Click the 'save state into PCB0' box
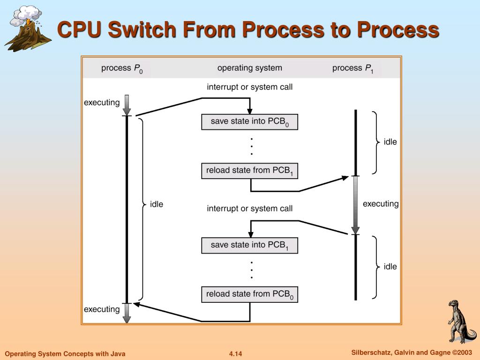pos(249,121)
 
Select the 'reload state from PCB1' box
pos(249,171)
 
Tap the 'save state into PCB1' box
pos(249,245)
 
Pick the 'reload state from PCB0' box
pos(249,294)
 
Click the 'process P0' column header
pos(122,68)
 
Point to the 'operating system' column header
pos(249,68)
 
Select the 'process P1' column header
pos(352,68)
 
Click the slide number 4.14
pos(235,353)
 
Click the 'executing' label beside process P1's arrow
pos(381,204)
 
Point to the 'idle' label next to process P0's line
pos(157,204)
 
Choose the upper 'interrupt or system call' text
pos(249,87)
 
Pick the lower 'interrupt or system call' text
pos(249,209)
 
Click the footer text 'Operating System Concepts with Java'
pos(65,353)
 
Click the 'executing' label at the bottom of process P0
pos(102,309)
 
